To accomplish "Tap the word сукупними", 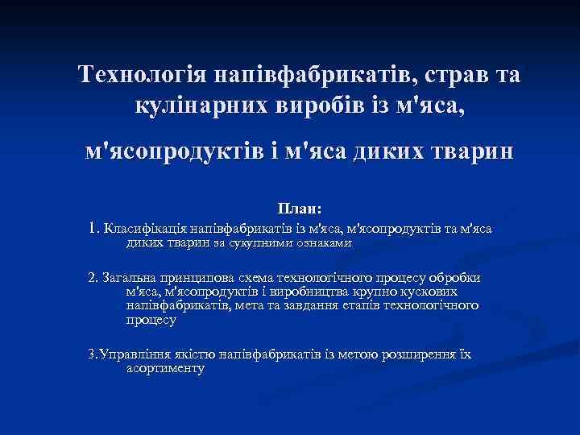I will [x=261, y=242].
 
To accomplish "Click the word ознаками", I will [x=323, y=242].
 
